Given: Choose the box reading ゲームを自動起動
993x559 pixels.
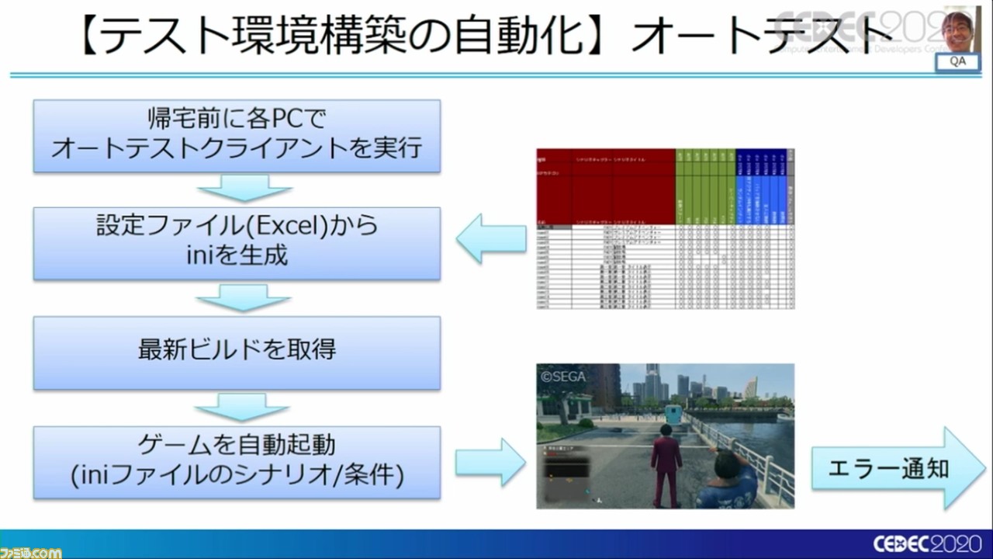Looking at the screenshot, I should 237,461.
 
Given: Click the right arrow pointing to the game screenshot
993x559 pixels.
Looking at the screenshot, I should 490,463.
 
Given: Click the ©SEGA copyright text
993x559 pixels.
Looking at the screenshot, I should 564,377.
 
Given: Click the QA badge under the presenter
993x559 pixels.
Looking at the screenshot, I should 957,62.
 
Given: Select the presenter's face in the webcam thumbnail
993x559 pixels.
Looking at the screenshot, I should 957,29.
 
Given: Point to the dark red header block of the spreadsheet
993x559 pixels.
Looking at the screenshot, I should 605,186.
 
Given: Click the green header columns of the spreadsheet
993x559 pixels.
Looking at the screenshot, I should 705,186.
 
